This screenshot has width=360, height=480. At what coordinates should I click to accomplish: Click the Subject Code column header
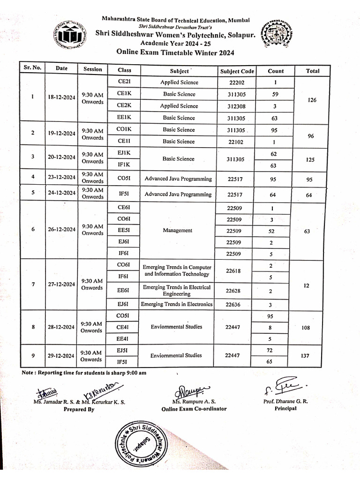(237, 71)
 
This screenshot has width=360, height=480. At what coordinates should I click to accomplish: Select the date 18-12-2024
(61, 97)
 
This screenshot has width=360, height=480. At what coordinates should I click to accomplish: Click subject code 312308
(237, 106)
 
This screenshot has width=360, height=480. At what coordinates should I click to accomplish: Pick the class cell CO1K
(124, 130)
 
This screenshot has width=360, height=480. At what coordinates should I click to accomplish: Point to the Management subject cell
(178, 230)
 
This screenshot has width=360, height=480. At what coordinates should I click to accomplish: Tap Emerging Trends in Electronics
(177, 304)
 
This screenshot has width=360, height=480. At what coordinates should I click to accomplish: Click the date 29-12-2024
(61, 356)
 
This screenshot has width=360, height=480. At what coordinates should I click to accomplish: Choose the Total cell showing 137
(306, 356)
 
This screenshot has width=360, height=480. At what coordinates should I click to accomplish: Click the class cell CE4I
(124, 327)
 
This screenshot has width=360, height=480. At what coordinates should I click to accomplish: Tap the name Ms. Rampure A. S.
(194, 402)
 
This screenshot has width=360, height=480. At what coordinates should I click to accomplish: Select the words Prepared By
(79, 409)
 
